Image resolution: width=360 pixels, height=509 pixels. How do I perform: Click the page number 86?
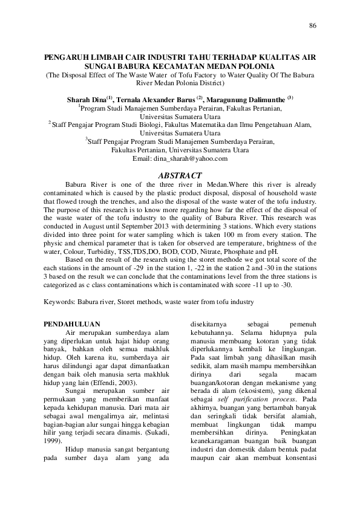point(312,25)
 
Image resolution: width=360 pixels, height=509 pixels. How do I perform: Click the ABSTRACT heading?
point(179,175)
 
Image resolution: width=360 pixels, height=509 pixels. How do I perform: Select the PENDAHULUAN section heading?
point(72,324)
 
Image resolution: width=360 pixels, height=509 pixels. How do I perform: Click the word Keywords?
point(60,300)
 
